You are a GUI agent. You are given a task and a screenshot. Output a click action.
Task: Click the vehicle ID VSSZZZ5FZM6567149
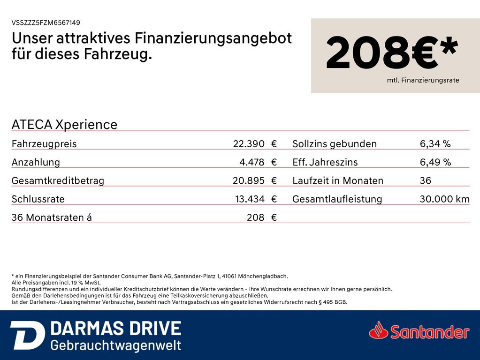click(x=46, y=22)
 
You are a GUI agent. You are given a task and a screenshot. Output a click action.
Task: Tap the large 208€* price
click(x=392, y=52)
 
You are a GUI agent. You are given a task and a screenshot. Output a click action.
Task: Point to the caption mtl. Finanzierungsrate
click(x=423, y=80)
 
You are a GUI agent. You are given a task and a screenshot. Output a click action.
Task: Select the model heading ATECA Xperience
click(x=64, y=125)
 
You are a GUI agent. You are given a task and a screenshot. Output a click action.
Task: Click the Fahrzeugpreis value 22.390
click(x=249, y=143)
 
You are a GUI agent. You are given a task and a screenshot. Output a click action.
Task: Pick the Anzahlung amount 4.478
click(x=251, y=162)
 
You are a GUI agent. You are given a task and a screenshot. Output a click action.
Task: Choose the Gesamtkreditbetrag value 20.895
click(x=248, y=180)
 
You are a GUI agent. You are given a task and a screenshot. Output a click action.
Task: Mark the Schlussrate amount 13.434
click(x=250, y=199)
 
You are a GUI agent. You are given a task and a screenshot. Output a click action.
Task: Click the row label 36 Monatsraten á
click(x=52, y=217)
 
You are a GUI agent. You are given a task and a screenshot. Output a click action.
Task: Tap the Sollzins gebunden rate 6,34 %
click(x=435, y=144)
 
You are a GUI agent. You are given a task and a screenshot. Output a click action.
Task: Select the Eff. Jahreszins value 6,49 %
click(x=435, y=162)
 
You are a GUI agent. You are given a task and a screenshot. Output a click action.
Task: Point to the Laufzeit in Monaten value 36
click(x=425, y=180)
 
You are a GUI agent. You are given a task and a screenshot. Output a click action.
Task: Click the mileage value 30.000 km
click(x=444, y=199)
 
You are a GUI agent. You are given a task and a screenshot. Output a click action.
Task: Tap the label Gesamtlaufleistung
click(x=337, y=199)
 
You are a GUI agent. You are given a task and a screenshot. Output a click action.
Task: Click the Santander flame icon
click(x=379, y=330)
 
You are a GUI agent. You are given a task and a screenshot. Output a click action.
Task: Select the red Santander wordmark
click(x=430, y=332)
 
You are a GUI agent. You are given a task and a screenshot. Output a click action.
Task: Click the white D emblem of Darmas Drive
click(x=28, y=335)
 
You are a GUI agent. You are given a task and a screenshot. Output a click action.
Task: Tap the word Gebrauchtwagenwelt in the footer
click(x=116, y=345)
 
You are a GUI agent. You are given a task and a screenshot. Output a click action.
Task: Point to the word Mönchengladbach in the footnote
click(x=263, y=276)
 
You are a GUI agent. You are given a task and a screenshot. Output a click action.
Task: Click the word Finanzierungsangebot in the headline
click(x=213, y=38)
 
